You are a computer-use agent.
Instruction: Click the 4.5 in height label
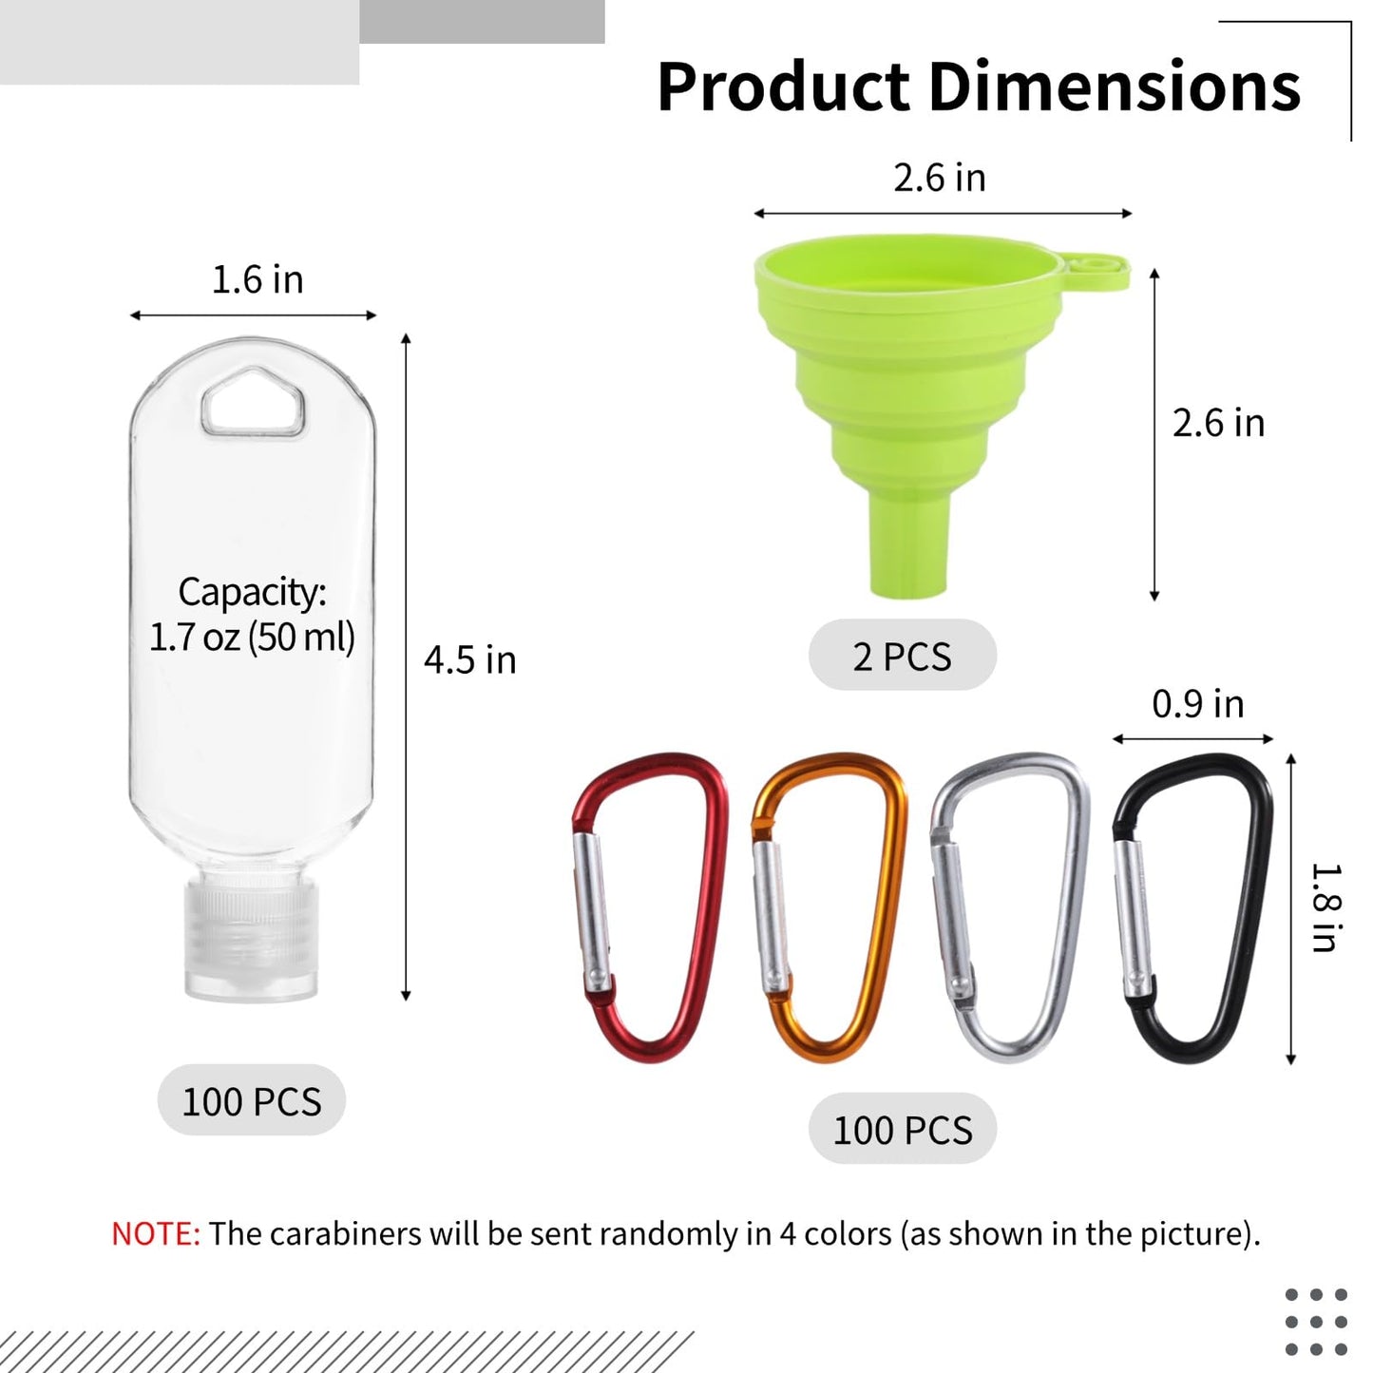pos(469,659)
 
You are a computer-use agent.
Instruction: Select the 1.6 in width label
pos(257,280)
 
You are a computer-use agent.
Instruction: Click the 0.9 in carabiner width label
pos(1197,704)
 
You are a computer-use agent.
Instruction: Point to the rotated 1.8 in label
pos(1325,907)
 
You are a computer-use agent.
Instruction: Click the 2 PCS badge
pos(902,656)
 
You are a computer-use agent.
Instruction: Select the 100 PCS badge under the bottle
pos(251,1100)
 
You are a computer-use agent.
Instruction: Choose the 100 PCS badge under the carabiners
pos(902,1129)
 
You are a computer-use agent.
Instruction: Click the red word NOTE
pos(155,1233)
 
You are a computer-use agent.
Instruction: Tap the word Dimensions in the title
pos(1113,87)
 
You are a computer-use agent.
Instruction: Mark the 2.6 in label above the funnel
pos(939,178)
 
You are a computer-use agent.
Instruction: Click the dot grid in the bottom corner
pos(1316,1322)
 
